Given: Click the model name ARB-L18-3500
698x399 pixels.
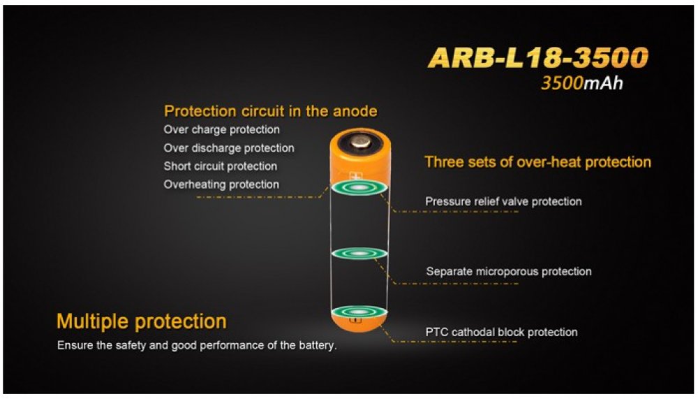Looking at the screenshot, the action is pos(537,57).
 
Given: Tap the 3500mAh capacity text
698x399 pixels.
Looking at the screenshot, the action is pos(582,83).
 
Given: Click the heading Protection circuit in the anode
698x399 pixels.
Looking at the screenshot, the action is pos(271,111).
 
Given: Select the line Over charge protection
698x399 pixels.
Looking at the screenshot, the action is pos(222,130).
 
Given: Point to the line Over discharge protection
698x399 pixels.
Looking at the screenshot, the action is pos(229,148).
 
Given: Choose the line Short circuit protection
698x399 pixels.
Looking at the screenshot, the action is pos(221,166).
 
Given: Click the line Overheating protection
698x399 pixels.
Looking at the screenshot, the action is pos(222,184).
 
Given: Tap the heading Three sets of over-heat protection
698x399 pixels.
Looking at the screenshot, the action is pos(537,162).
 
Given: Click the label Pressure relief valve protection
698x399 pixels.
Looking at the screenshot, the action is pos(503,201).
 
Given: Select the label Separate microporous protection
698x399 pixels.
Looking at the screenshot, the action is pos(509,272).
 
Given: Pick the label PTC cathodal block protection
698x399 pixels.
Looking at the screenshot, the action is pos(502,332).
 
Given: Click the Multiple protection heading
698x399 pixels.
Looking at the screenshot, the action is pos(142,321).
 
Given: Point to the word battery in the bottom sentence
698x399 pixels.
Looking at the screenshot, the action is pos(318,345).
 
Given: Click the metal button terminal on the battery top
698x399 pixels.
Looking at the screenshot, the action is pos(360,143).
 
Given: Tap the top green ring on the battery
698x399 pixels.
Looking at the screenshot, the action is pos(359,188).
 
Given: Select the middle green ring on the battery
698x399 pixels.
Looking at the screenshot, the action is pos(359,254).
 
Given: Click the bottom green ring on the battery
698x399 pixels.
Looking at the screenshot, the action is pos(359,312).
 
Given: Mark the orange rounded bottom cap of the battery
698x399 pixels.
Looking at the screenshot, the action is pos(359,324).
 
